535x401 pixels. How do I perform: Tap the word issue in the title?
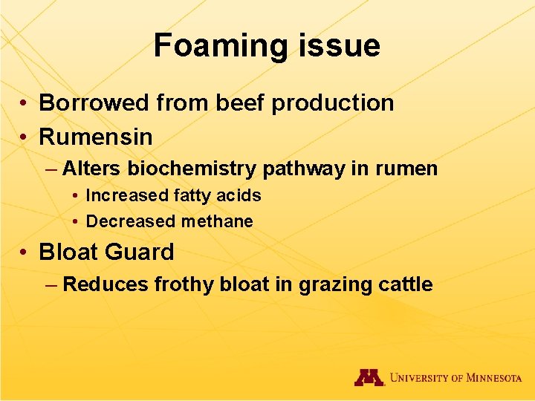pos(337,45)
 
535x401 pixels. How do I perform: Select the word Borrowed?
pos(94,103)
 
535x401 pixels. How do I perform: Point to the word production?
pos(332,103)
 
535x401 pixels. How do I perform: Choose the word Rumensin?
pos(96,137)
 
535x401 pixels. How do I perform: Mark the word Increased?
pos(127,195)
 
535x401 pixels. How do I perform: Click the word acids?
pos(239,195)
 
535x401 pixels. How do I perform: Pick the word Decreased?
pos(131,221)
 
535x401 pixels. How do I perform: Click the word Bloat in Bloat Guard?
pos(70,252)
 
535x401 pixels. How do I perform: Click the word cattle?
pos(405,284)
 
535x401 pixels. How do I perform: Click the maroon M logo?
pos(369,377)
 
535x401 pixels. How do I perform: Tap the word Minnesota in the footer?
pos(493,378)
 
